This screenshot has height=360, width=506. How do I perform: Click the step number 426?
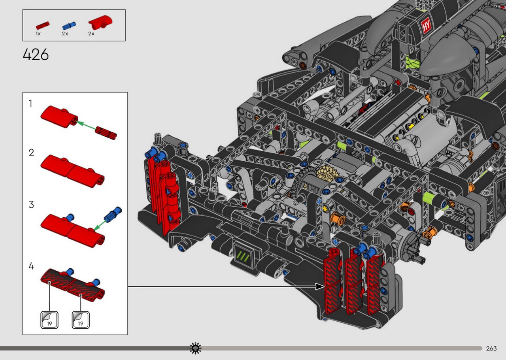click(x=36, y=55)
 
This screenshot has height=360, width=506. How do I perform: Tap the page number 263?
click(x=491, y=348)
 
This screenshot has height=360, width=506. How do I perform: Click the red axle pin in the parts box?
click(x=42, y=26)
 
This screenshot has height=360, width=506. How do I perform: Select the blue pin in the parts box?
click(x=69, y=26)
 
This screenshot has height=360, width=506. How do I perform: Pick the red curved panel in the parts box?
click(x=100, y=22)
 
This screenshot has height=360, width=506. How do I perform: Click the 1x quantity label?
click(x=38, y=34)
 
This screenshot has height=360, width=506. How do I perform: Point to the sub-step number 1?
click(x=30, y=104)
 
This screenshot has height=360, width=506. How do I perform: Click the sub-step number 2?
click(x=31, y=153)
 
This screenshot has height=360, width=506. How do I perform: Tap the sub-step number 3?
click(x=31, y=205)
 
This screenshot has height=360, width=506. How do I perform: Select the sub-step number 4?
click(x=31, y=266)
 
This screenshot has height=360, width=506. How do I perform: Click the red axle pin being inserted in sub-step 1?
click(x=106, y=133)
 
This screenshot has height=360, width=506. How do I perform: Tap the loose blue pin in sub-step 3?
click(x=113, y=214)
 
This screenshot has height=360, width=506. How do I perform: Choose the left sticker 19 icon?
click(x=49, y=320)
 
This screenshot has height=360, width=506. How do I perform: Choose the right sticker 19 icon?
click(x=81, y=320)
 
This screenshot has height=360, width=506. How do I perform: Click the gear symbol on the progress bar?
click(x=195, y=348)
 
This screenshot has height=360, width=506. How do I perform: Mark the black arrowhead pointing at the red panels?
click(x=320, y=286)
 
